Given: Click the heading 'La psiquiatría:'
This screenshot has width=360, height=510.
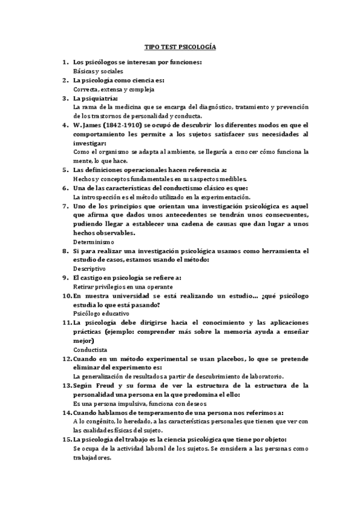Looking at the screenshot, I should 96,98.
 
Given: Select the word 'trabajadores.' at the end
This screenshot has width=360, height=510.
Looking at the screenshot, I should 92,457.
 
